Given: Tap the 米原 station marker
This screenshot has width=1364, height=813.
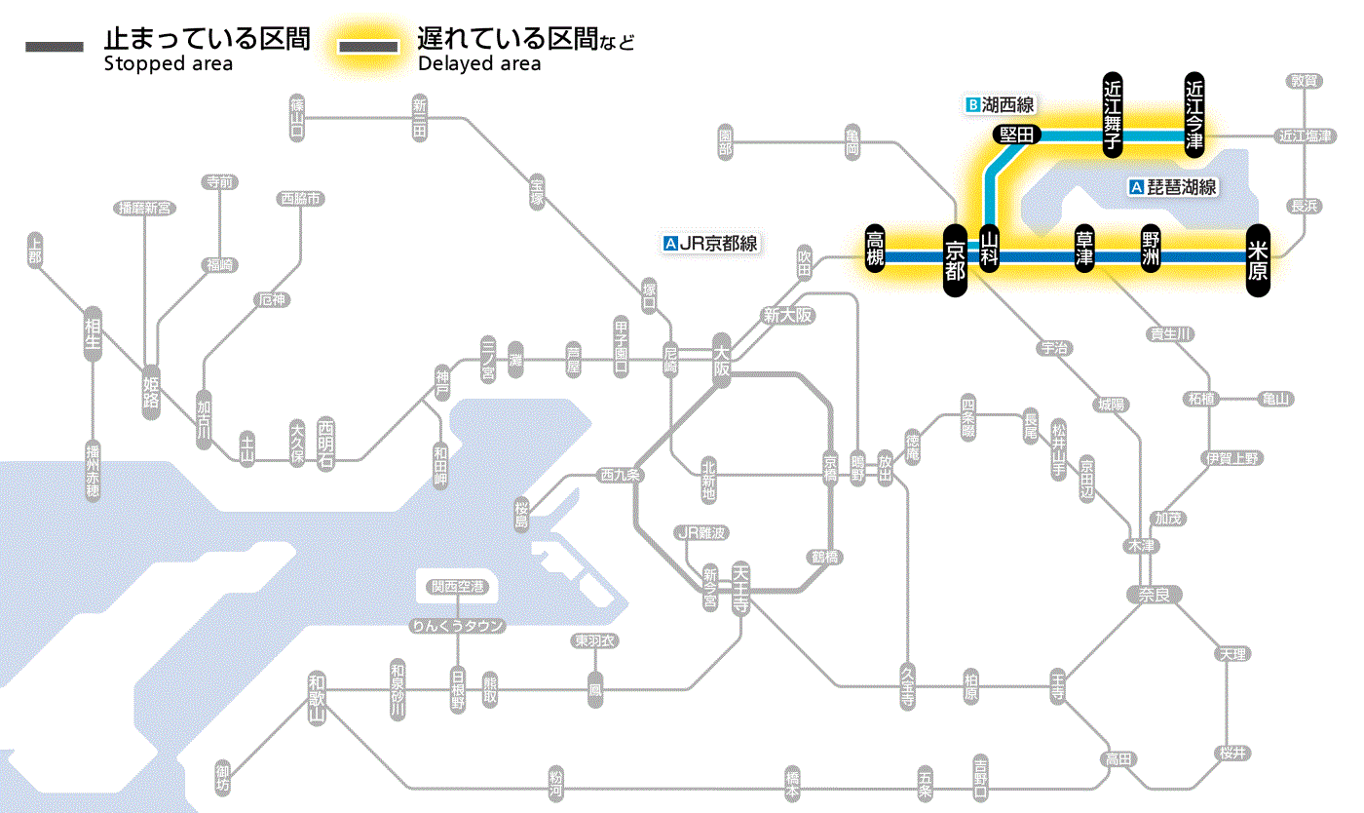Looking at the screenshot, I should (1258, 259).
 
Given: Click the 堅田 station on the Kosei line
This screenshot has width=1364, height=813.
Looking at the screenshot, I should (1017, 135).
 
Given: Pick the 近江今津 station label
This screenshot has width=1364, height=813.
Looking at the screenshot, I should (1194, 114).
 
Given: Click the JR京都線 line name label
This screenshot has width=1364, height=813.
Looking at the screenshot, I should (709, 244).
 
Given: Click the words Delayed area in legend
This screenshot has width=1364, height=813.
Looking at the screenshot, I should (479, 64).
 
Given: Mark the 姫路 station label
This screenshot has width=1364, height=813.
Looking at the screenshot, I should (151, 392).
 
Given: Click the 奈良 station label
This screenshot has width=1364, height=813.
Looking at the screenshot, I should (1154, 594).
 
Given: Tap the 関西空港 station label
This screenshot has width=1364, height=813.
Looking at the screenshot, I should (458, 587).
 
